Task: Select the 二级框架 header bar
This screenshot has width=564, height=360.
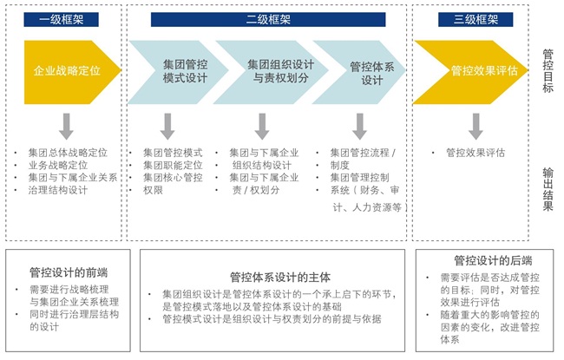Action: tap(268, 19)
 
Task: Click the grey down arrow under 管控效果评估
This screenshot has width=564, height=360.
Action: tap(475, 127)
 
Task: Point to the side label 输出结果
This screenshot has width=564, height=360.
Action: tap(548, 186)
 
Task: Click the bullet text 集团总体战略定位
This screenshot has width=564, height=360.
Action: tap(67, 153)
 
